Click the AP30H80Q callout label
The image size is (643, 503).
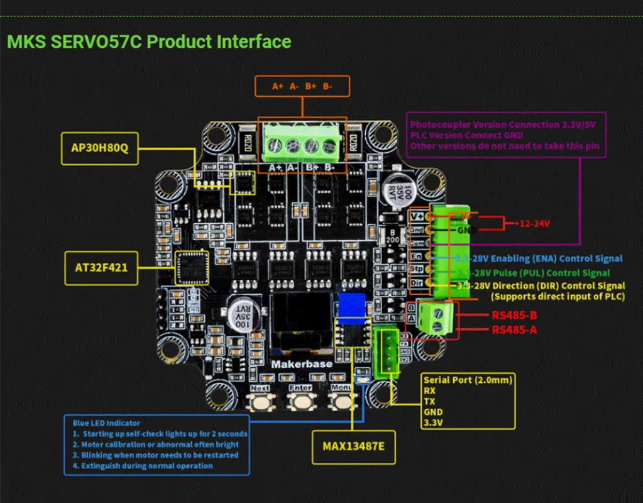[99, 148]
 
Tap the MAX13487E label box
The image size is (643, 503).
[353, 446]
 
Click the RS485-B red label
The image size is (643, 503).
[514, 315]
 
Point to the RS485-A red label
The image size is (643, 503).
[514, 329]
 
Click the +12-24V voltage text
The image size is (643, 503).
[534, 223]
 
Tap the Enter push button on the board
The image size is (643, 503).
[301, 400]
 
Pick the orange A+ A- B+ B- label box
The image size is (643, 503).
[302, 86]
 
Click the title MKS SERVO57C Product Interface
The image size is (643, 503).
[149, 41]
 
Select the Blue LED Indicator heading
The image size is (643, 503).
[107, 423]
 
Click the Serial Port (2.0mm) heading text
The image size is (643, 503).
[468, 380]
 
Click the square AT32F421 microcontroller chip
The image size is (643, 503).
[192, 267]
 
